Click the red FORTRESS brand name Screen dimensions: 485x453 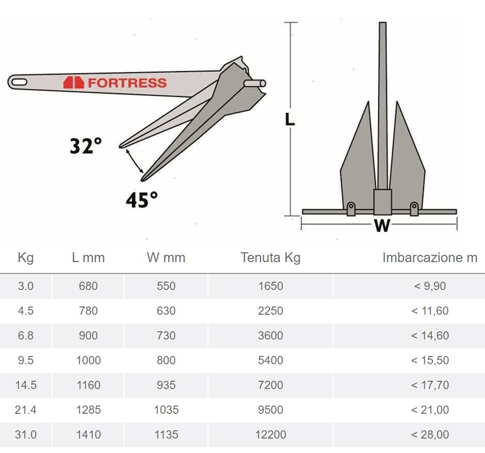tap(127, 83)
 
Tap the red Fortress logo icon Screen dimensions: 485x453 tap(74, 83)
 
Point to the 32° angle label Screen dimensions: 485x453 tap(86, 145)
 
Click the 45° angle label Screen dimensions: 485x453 tap(142, 200)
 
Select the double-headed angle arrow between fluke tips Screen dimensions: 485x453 tap(135, 161)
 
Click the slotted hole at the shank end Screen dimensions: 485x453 tap(19, 82)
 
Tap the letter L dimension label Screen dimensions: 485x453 tap(290, 119)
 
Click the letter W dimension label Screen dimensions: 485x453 tap(382, 225)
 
